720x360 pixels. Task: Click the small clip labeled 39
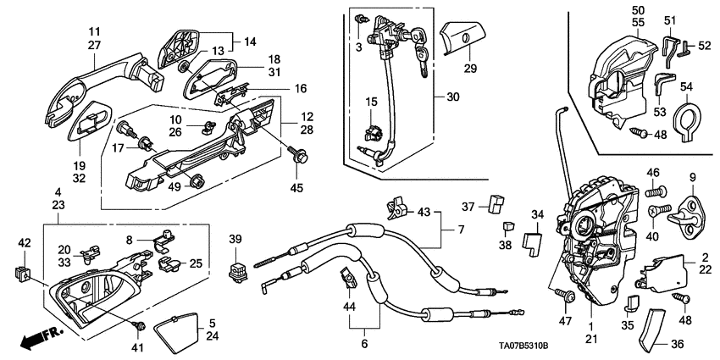[237, 270]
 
